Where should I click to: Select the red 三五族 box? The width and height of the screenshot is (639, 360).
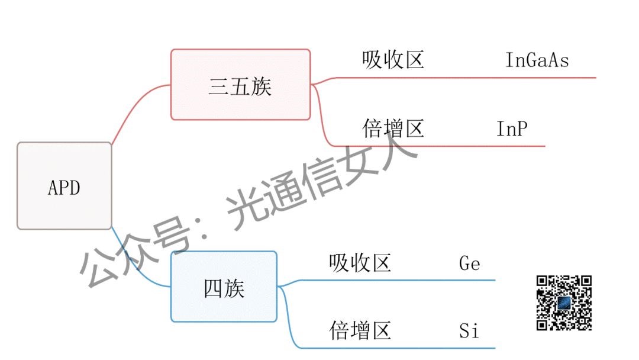point(240,85)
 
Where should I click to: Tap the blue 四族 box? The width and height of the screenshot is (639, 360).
point(224,287)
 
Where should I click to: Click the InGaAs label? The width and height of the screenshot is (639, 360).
point(537,60)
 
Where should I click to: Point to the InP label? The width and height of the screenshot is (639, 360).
point(511,128)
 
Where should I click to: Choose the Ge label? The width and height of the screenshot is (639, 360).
point(469,263)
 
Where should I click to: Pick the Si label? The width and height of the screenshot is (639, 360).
point(469,330)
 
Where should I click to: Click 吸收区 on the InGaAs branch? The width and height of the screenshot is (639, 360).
point(393,60)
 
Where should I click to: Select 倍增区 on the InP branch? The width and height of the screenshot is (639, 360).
point(393,128)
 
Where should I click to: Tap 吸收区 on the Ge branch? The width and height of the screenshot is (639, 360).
point(360,263)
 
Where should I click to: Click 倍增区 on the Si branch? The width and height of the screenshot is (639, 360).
point(360,330)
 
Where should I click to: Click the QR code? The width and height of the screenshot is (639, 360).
point(564,303)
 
